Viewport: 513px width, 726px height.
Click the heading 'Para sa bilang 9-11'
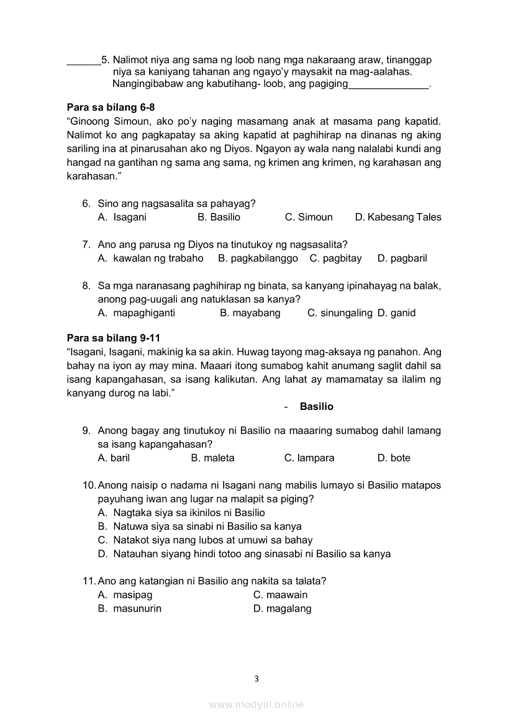114,338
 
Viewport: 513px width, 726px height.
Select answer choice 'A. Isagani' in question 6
122,217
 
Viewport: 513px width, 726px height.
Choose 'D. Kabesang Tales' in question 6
398,217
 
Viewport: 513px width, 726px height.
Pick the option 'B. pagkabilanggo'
258,258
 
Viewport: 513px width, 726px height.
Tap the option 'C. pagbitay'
335,258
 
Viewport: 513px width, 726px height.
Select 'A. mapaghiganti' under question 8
137,313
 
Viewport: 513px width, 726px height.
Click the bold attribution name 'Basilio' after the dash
316,407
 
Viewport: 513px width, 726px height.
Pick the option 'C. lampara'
309,458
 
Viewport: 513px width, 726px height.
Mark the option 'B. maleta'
213,458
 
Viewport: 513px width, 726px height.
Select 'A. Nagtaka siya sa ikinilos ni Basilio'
181,513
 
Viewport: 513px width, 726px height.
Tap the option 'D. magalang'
283,609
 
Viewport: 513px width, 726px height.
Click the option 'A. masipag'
125,595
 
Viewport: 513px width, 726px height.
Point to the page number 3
256,679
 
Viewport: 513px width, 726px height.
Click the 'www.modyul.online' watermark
256,705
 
